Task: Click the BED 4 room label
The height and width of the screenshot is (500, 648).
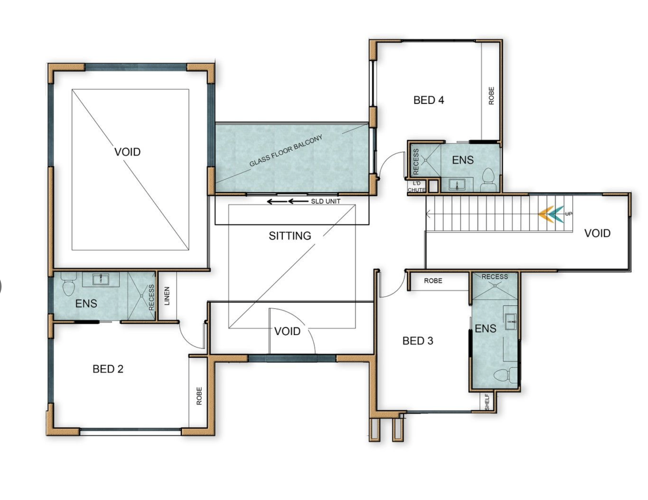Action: (428, 100)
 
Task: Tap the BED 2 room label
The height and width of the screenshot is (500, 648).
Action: (108, 369)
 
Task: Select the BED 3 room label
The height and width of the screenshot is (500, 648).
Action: (418, 341)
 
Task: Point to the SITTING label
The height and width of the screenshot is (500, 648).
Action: (290, 236)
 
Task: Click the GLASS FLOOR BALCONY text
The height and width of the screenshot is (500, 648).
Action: (286, 150)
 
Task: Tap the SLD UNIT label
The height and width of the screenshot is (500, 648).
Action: (326, 201)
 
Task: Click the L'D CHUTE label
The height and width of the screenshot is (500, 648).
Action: (416, 187)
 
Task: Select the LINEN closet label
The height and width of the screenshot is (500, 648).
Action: (167, 296)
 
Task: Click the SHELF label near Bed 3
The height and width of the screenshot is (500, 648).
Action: (487, 402)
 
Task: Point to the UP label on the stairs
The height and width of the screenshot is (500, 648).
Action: (569, 214)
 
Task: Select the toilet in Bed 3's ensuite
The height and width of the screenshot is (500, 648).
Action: (505, 375)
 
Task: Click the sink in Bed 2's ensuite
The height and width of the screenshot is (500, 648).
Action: (101, 279)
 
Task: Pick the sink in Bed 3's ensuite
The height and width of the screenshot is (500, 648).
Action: (510, 322)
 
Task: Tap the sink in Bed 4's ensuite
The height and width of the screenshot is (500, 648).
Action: (457, 185)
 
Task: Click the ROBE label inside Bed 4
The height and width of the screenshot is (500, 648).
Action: (492, 96)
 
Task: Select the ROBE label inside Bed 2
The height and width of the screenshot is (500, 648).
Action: (199, 396)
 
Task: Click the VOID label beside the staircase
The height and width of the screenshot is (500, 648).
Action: (597, 233)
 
